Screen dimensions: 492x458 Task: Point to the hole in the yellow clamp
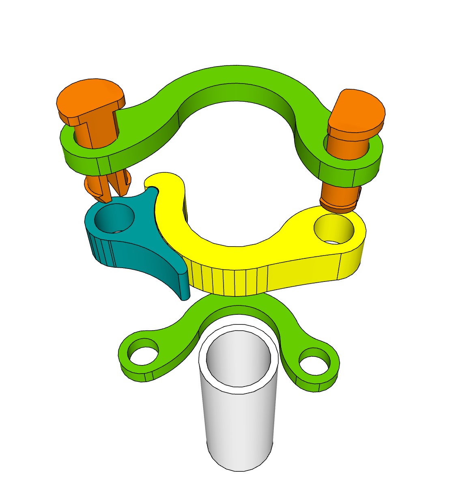[334, 229]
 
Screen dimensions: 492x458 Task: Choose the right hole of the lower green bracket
[314, 361]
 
